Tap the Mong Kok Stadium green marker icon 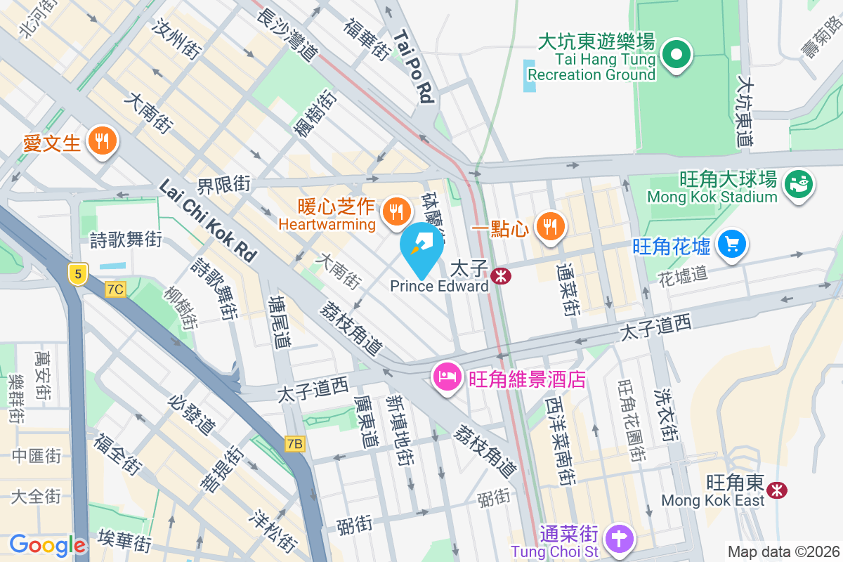(x=798, y=184)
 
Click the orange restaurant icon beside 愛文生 (x=103, y=142)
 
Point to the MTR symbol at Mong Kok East (x=777, y=489)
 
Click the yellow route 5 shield (x=77, y=273)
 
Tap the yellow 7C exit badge (x=115, y=289)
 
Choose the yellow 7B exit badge (x=295, y=444)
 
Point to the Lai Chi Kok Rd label (x=208, y=219)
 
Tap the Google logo (x=47, y=545)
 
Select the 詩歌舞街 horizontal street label (x=126, y=240)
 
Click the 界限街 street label (x=223, y=185)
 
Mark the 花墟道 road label (x=683, y=275)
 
